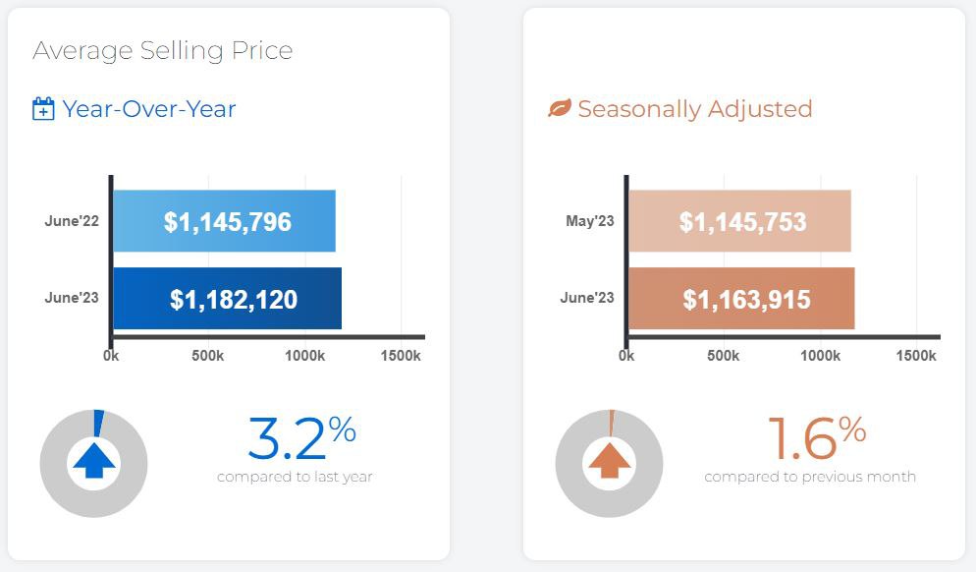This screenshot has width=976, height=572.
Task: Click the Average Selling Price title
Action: coord(162,51)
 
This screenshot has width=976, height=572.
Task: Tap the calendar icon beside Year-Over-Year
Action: coord(43,109)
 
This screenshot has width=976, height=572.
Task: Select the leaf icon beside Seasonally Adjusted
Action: coord(559,108)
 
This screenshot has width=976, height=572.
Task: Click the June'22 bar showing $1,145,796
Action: coord(225,221)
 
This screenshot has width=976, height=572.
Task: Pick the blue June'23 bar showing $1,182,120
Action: coord(228,299)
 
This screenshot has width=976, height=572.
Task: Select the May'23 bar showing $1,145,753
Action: coord(740,221)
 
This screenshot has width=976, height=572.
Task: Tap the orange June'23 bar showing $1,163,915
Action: coord(742,299)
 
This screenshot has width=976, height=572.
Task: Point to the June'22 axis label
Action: coord(72,221)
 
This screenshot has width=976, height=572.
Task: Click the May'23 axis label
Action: coord(590,221)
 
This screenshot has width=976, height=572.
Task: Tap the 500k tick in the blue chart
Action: coord(207,355)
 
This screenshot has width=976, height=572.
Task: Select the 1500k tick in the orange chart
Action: coord(917,355)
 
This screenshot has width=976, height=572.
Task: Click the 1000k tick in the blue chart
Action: coord(304,355)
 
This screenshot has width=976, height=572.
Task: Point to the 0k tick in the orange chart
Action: coord(626,355)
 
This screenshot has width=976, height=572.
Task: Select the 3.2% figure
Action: coord(300,438)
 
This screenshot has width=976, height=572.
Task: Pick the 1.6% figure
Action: coord(816,438)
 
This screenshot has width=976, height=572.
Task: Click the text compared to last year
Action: coord(295,478)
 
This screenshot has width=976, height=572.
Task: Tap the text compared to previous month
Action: coord(810,478)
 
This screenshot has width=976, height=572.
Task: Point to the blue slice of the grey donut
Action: coord(98,422)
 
